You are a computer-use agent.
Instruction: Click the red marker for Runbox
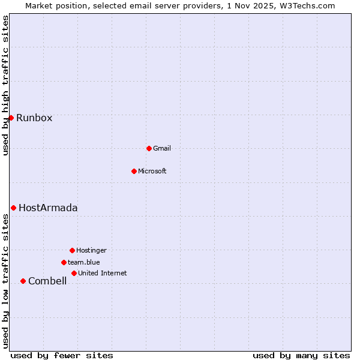pos(11,118)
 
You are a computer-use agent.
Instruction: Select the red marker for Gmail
pos(149,148)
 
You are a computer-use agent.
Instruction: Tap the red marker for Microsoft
pos(134,171)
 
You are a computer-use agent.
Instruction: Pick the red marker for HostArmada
pos(13,208)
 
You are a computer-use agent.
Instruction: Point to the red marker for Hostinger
pos(72,250)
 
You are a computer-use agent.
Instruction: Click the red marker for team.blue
pos(64,262)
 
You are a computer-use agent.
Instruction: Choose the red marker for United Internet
pos(74,273)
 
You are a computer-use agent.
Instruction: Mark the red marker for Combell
pos(23,281)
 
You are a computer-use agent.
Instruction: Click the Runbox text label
pos(34,118)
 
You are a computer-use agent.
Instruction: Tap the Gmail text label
pos(162,148)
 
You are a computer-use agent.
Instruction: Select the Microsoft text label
pos(152,171)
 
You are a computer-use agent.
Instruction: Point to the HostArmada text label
pos(48,208)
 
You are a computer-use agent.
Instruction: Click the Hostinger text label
pos(91,250)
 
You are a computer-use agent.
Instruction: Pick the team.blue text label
pos(84,262)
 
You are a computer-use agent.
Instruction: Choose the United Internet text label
pos(103,273)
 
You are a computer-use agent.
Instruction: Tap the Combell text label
pos(47,281)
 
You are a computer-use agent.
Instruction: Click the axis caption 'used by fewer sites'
pos(62,355)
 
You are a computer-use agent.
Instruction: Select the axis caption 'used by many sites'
pos(301,355)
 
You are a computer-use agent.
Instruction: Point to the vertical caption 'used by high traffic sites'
pos(5,85)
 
